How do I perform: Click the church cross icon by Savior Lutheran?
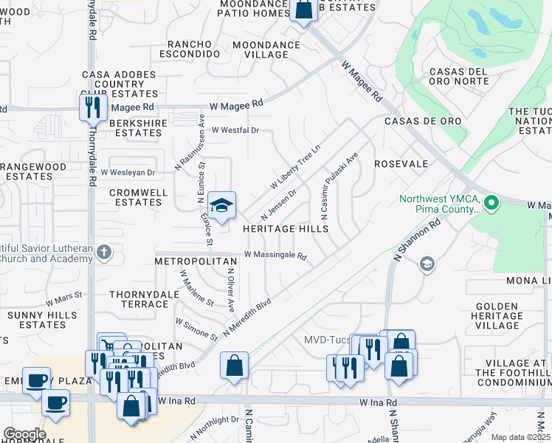point(104,253)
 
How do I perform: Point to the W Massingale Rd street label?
point(275,255)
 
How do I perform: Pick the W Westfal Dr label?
point(235,130)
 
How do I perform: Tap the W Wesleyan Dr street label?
point(128,173)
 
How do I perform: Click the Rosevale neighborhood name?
point(401,164)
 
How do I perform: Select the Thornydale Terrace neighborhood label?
point(139,299)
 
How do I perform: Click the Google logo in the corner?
point(24,434)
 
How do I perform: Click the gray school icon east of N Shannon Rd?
point(426,264)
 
